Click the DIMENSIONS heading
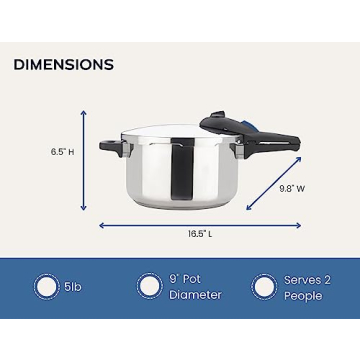point(64,65)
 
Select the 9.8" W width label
point(291,187)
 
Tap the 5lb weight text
point(72,287)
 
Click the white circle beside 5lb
point(45,287)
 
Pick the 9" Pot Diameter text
point(195,287)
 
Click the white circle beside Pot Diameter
point(150,287)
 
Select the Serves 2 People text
point(304,287)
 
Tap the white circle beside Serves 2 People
point(263,287)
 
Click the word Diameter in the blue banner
point(195,295)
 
